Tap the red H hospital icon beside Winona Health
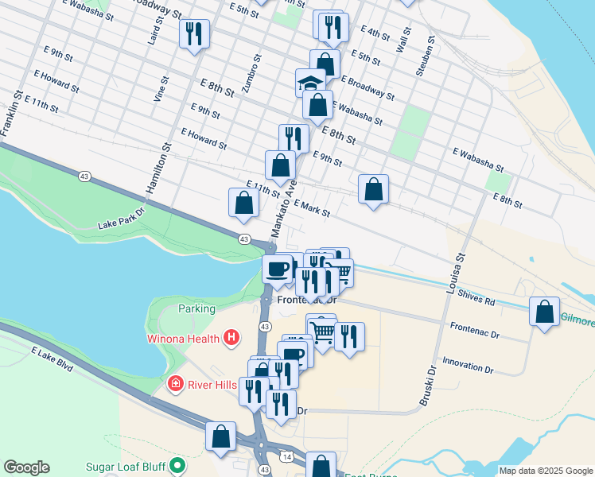[x=231, y=339]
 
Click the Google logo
[x=26, y=467]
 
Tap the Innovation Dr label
[x=469, y=366]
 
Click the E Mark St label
[x=311, y=208]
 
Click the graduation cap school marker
[x=310, y=81]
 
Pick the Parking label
[x=196, y=308]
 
